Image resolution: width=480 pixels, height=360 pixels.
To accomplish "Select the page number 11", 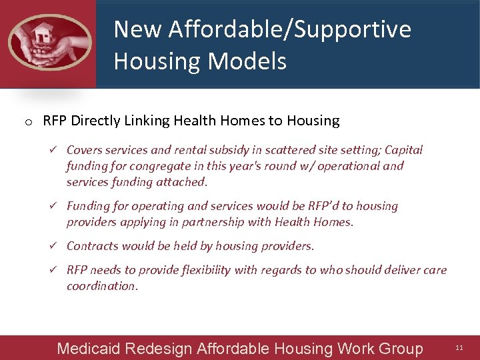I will tap(459, 348).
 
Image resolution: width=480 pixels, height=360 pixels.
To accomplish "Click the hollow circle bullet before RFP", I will tap(29, 122).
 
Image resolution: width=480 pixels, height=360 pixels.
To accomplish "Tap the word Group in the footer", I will tap(398, 349).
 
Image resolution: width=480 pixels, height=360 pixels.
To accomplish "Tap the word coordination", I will tap(101, 286).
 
